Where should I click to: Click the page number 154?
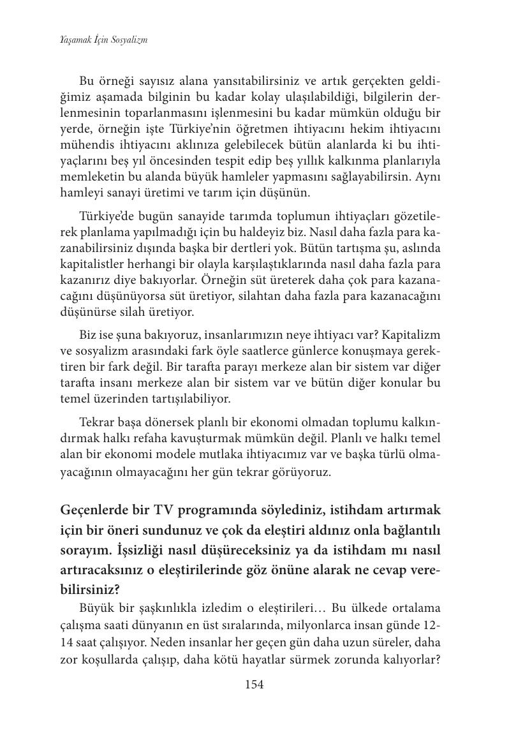254,685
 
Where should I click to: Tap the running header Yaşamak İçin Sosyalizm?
104,40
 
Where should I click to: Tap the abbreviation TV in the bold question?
166,511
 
